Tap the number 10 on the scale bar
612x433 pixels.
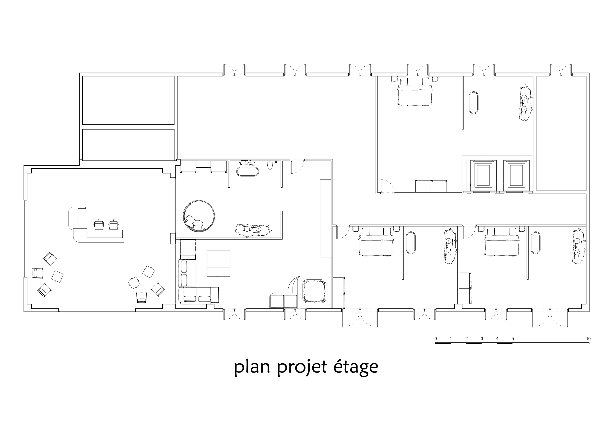[588, 339]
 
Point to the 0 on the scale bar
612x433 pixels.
[435, 339]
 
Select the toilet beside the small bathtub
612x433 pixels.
[270, 165]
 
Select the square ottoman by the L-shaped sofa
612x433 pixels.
[218, 263]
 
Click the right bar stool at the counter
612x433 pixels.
[114, 225]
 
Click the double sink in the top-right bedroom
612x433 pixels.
[525, 103]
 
